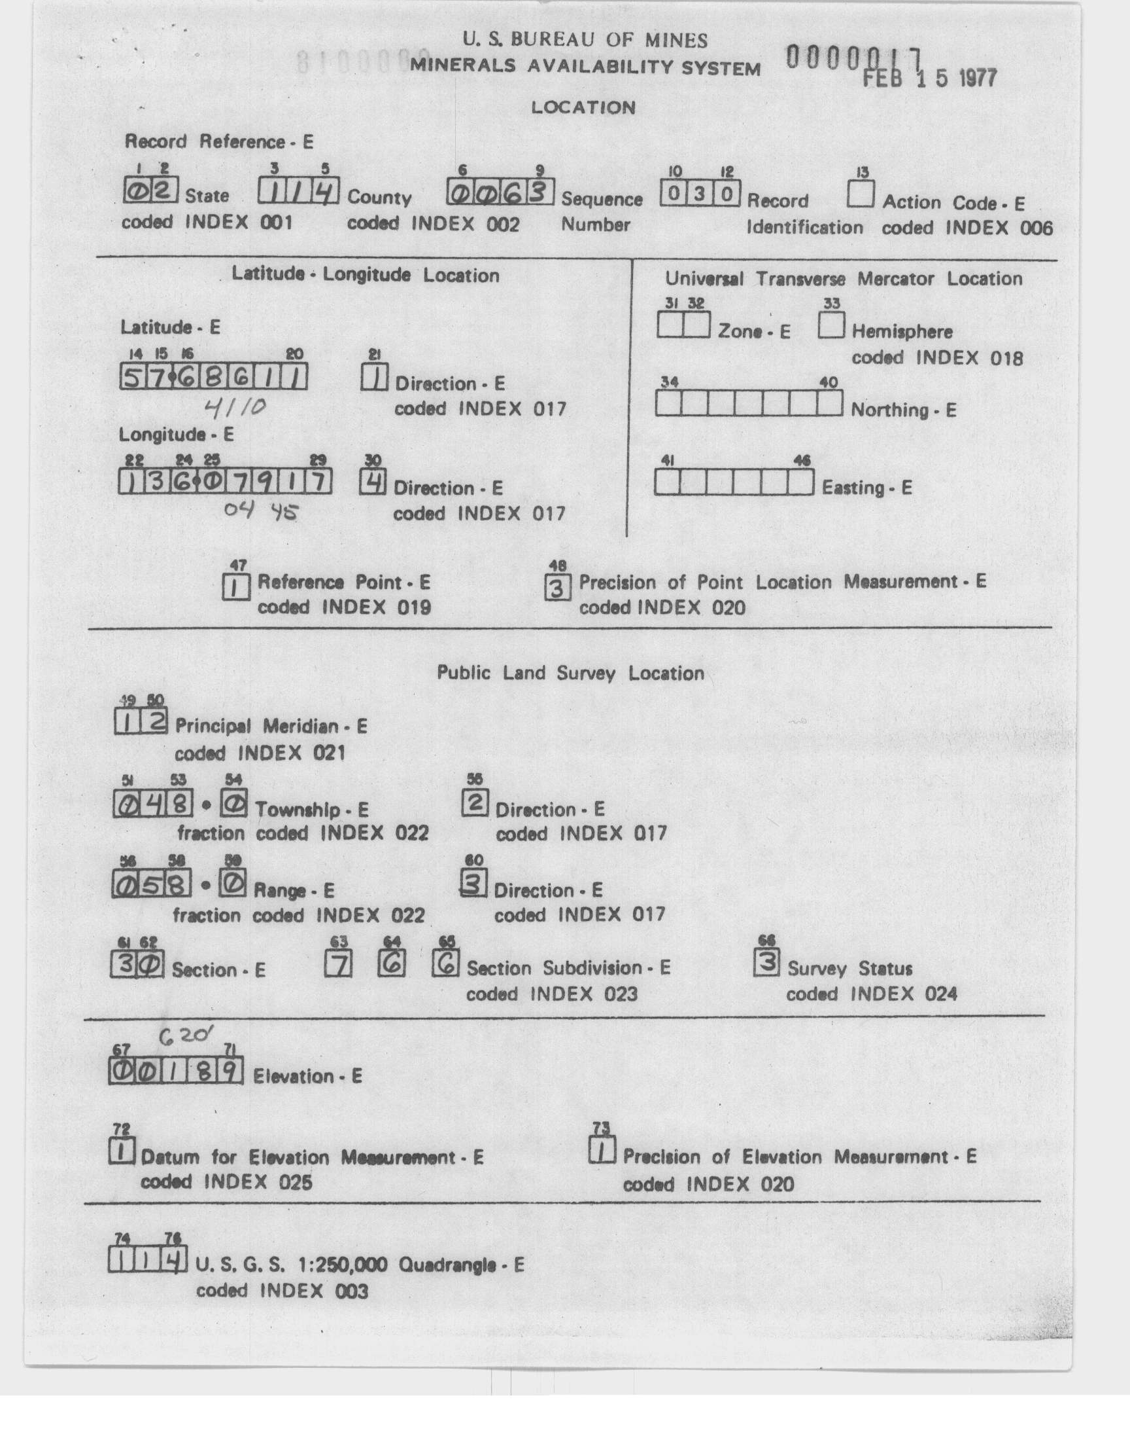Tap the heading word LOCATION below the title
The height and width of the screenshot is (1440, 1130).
(583, 108)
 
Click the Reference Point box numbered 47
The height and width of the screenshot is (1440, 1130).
(236, 587)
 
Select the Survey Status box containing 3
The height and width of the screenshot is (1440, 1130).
(767, 963)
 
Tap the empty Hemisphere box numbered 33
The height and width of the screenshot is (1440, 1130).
(831, 326)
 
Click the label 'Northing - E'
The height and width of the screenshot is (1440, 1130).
(903, 410)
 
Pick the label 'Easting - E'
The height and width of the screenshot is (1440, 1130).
(866, 488)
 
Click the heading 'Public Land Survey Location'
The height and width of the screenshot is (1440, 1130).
(570, 674)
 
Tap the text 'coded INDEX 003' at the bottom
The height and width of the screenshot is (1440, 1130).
(282, 1291)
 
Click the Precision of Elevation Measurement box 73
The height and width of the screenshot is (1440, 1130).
(602, 1152)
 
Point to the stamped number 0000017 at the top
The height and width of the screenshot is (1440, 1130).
(853, 58)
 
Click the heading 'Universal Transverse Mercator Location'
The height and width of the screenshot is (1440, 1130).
(844, 279)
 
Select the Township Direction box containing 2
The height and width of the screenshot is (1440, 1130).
(474, 803)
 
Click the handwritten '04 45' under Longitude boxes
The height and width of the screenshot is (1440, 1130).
(261, 511)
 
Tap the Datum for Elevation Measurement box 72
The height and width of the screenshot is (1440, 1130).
(122, 1152)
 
